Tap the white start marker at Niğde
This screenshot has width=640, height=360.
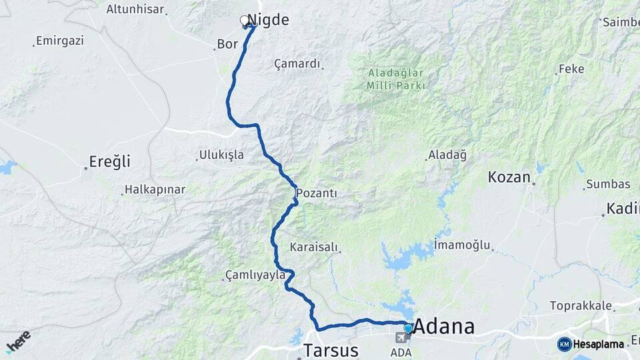[244, 21]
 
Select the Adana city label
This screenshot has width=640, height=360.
[445, 327]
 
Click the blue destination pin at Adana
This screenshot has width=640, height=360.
[408, 328]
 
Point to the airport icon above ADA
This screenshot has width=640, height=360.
[401, 338]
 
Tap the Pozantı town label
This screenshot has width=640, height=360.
[317, 193]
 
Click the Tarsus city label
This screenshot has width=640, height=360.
[331, 350]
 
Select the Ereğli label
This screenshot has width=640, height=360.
[111, 161]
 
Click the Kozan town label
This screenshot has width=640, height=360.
[509, 177]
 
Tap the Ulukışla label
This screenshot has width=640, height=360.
[221, 155]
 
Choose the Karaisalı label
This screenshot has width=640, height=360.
[315, 247]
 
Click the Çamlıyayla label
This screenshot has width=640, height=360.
[255, 275]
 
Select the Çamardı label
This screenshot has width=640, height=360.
[297, 64]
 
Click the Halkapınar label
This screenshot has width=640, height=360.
[155, 190]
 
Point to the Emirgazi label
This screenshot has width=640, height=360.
[60, 41]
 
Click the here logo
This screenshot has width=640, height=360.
[17, 341]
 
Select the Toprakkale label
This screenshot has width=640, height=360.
[581, 306]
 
